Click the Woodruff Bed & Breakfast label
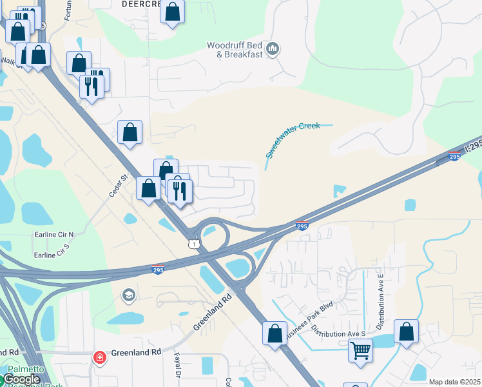235,50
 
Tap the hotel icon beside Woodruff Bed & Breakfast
273,49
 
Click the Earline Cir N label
53,234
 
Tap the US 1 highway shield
193,244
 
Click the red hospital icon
99,357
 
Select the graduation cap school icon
129,295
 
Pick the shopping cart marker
361,351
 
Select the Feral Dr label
177,366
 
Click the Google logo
21,380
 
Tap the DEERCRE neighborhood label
140,3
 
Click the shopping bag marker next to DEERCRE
172,12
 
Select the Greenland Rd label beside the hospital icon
135,353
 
